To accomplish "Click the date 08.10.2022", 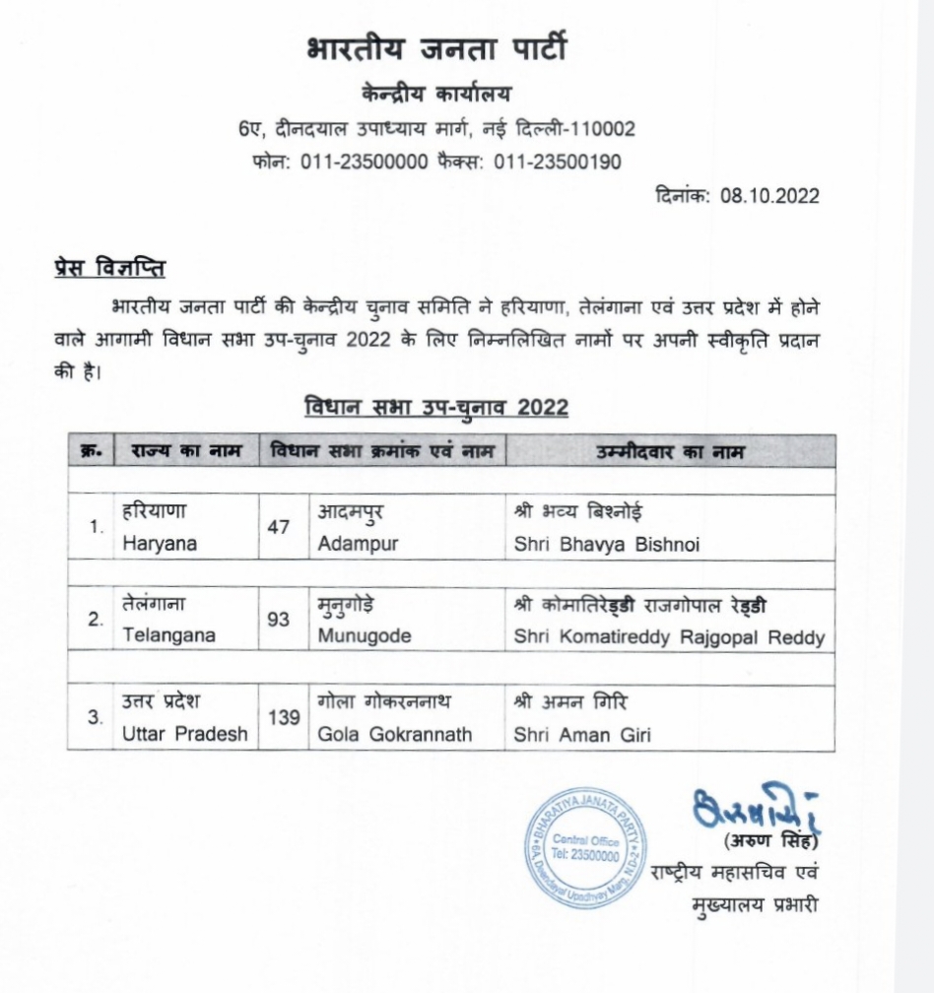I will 769,195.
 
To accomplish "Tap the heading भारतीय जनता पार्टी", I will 436,50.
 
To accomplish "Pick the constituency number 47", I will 279,527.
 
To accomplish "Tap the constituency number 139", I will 284,718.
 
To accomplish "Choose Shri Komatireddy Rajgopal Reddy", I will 669,637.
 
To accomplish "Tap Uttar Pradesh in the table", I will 185,734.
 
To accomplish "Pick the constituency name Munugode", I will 365,636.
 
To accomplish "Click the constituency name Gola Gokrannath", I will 395,734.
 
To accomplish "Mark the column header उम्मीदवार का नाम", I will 670,452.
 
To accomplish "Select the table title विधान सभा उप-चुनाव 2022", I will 436,407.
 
